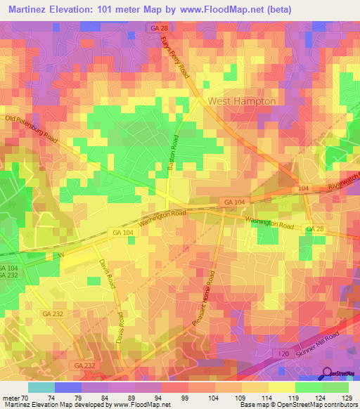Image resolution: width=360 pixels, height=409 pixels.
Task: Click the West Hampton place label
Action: click(x=240, y=101)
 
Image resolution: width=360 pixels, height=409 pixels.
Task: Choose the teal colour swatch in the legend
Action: click(x=41, y=387)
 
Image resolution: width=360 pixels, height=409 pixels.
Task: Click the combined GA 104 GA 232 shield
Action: click(x=8, y=273)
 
